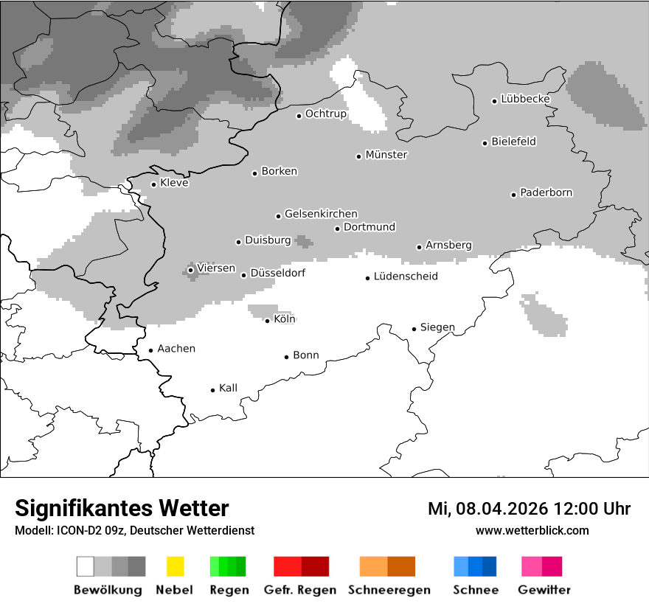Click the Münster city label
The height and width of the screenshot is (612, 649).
pos(386,155)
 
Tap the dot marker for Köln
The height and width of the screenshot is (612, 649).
pos(268,321)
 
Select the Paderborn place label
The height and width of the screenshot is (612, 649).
pos(546,193)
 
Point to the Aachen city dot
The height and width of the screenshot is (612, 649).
pos(151,351)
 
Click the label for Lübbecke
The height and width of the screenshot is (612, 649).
pos(525,99)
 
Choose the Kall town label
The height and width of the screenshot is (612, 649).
pos(228,388)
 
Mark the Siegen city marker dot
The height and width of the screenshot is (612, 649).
pos(414,329)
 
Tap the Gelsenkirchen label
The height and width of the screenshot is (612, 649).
pos(321,214)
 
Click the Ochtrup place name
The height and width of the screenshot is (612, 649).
pos(325,114)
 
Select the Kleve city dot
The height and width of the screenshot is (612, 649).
pos(154,184)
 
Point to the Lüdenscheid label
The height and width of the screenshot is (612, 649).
pos(406,277)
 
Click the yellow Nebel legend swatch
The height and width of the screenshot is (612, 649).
pos(175,566)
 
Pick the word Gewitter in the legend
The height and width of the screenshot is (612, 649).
pos(544,590)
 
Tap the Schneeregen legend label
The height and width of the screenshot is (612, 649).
pos(389,590)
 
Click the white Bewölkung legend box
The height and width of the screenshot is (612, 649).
pos(86,566)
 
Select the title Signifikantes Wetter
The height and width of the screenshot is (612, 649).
pos(122,509)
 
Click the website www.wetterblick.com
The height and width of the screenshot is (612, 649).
pos(532,531)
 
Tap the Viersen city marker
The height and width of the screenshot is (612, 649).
pos(191,270)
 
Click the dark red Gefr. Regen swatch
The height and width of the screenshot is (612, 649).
pos(315,566)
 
